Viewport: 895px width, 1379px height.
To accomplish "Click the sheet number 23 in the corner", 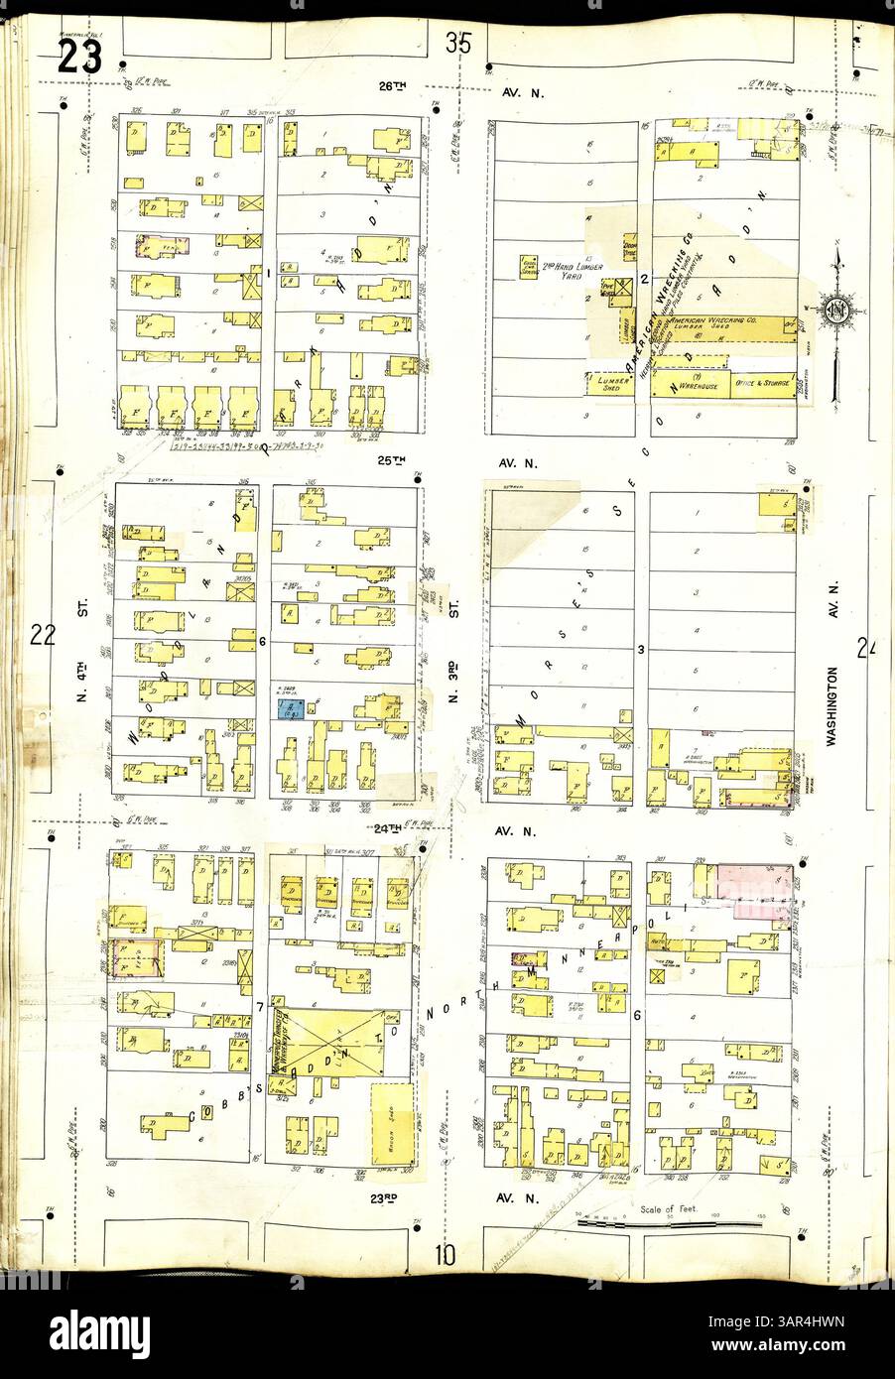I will (79, 56).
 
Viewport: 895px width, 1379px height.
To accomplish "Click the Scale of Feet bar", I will (670, 1223).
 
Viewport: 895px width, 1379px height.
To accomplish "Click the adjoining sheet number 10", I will (444, 1254).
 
